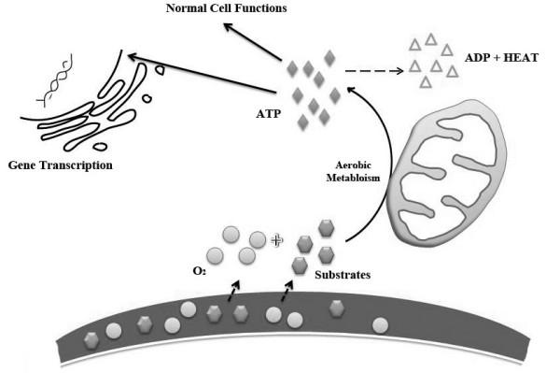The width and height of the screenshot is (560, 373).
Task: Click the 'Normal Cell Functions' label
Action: pyautogui.click(x=213, y=8)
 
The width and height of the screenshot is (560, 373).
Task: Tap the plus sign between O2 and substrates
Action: pyautogui.click(x=276, y=240)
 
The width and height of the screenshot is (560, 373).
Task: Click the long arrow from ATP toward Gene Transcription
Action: pyautogui.click(x=205, y=75)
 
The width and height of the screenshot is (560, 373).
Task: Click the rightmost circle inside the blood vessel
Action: pyautogui.click(x=381, y=325)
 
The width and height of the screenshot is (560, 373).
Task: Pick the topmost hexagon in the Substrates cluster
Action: pyautogui.click(x=326, y=227)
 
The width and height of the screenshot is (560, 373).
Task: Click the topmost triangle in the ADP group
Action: pyautogui.click(x=430, y=38)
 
